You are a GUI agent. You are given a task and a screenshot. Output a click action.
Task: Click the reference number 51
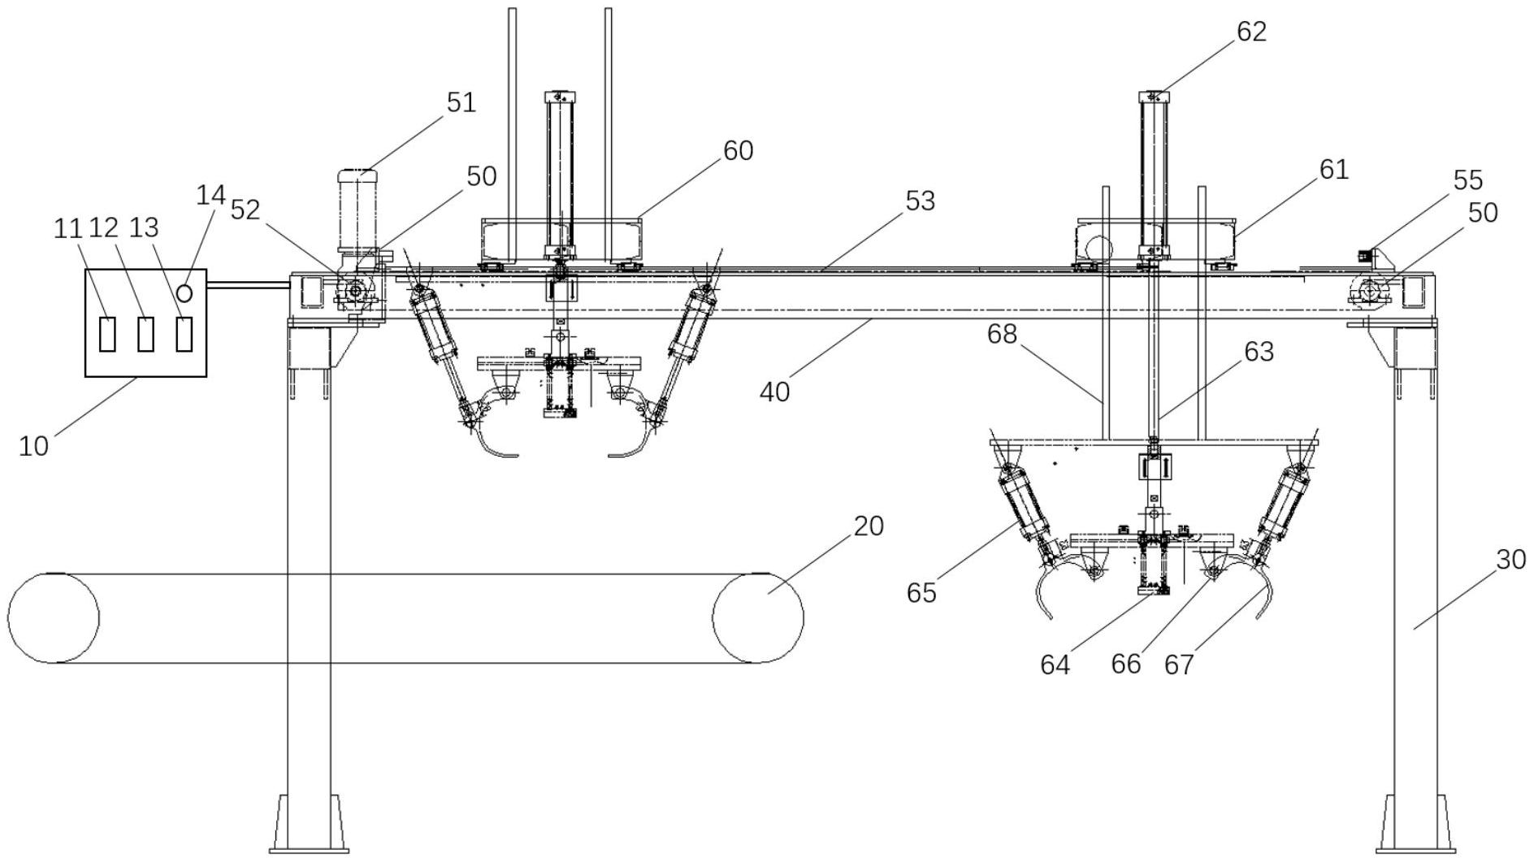(x=461, y=102)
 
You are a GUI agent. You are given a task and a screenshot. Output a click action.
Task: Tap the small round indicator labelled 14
(x=184, y=292)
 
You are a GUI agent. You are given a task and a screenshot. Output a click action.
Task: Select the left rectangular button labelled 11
(x=107, y=334)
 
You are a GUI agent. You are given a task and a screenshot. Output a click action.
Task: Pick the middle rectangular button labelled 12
(x=145, y=334)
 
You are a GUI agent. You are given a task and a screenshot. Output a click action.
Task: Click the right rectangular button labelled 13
(x=184, y=334)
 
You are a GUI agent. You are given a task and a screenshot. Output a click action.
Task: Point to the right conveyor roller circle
(x=757, y=617)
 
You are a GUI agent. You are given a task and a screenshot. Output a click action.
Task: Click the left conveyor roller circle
(x=54, y=617)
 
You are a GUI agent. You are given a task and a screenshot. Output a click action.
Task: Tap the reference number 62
(x=1251, y=31)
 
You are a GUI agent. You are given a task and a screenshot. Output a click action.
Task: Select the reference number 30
(x=1510, y=559)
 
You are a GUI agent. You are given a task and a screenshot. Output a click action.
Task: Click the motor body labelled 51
(x=356, y=208)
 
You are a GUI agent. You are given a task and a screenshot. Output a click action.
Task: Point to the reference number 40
(x=774, y=392)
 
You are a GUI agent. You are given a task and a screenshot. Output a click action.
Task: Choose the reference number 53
(x=920, y=201)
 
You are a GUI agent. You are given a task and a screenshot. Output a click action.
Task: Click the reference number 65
(x=921, y=592)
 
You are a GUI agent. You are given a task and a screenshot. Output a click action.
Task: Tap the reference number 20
(x=868, y=526)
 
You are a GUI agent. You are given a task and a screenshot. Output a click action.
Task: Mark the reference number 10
(x=33, y=445)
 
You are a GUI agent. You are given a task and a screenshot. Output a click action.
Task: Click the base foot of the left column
(x=309, y=824)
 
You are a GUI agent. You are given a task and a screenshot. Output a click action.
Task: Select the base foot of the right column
(x=1415, y=824)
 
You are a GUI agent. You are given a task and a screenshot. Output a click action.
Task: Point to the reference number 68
(x=1002, y=333)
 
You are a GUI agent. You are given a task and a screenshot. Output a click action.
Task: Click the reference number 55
(x=1467, y=180)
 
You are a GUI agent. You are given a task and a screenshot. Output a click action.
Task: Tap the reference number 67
(x=1179, y=665)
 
